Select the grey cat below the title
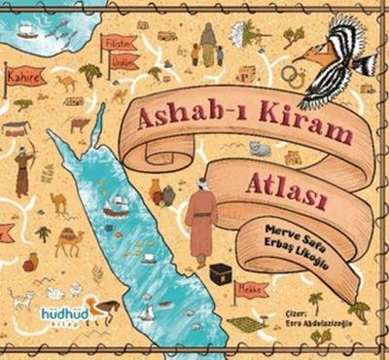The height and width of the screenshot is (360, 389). tap(259, 149)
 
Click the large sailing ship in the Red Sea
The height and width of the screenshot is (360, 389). tap(116, 204)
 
